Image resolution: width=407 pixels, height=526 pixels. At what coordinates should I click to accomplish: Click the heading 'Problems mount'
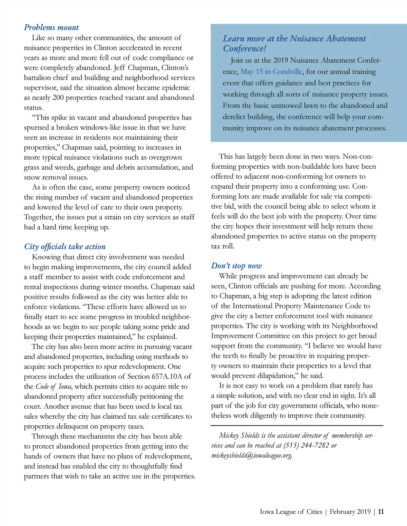point(51,27)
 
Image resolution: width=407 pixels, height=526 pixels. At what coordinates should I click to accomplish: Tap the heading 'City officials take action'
point(65,247)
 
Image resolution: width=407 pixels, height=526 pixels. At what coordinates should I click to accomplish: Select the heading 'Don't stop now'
point(236,266)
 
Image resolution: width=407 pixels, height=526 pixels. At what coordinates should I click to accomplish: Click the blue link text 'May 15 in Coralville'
point(271,72)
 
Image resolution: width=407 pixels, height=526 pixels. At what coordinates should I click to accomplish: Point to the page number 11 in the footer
point(381,511)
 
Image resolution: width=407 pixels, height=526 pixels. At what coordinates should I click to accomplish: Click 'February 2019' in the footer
point(350,511)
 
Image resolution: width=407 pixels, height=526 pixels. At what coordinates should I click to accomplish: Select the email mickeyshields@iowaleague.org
point(251,456)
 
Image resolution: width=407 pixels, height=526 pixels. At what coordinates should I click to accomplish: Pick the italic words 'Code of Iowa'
point(54,386)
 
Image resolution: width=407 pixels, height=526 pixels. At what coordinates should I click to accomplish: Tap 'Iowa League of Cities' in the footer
point(291,511)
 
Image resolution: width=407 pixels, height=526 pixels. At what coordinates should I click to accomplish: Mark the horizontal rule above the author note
point(297,425)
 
